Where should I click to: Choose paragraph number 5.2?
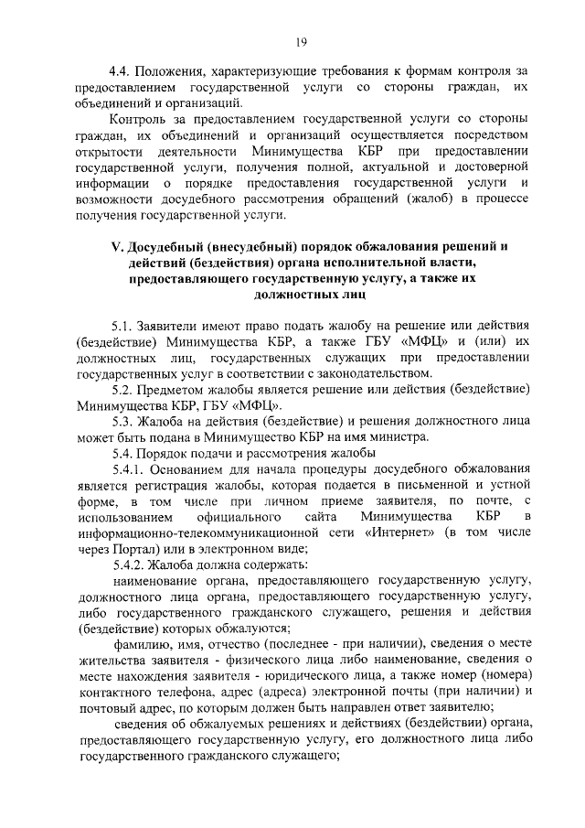click(x=123, y=390)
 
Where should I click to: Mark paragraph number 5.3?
click(x=123, y=421)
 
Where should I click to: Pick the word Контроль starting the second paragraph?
click(x=137, y=120)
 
